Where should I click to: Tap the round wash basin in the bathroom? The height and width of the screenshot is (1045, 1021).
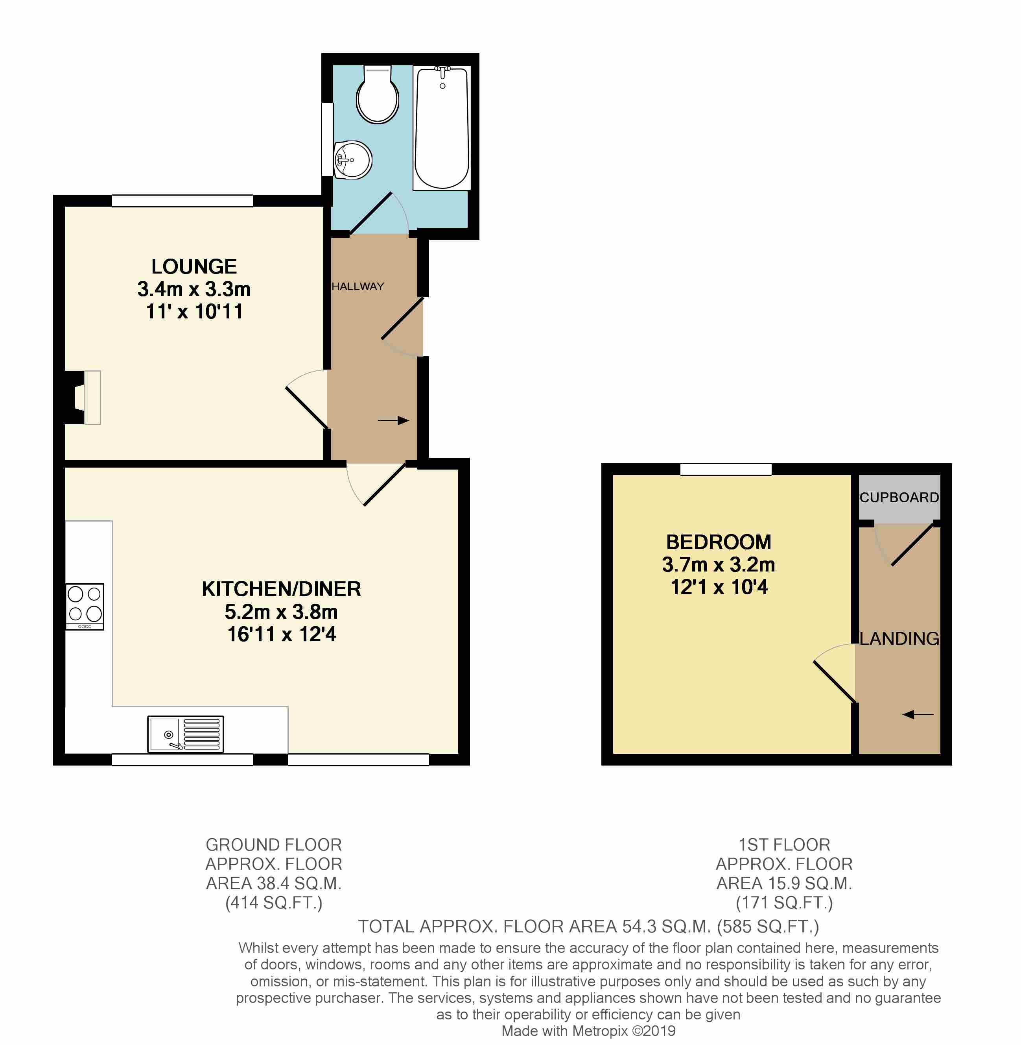(353, 160)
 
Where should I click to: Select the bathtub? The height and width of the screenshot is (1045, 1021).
(442, 128)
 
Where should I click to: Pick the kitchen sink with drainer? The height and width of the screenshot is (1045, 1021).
(186, 734)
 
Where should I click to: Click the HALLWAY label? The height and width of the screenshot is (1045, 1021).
(358, 287)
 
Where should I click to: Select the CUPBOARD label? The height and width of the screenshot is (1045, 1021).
(899, 497)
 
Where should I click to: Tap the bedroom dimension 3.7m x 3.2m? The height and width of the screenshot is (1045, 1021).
(718, 565)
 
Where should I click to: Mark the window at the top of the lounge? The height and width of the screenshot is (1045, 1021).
(182, 201)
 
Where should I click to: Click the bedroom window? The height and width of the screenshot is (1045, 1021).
(726, 470)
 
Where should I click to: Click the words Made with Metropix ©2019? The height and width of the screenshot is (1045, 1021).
(588, 1030)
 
